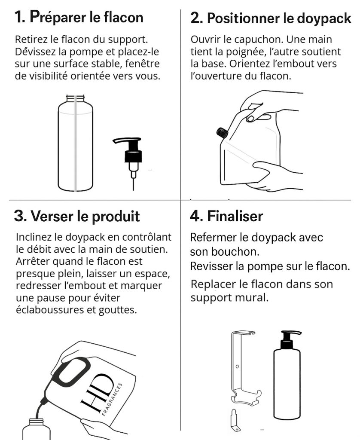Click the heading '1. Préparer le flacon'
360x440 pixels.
coord(79,17)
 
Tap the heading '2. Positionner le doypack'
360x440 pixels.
coord(271,18)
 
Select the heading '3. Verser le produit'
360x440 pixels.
coord(77,216)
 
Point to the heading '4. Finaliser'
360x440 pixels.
coord(226,216)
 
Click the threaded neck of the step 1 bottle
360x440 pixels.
coord(75,98)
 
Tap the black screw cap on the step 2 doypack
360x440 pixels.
coord(223,132)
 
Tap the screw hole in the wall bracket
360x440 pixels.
coord(237,367)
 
